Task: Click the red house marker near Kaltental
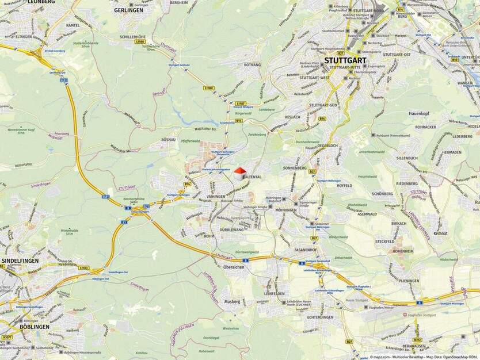point(240,174)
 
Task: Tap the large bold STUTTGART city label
point(345,59)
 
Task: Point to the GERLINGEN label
point(128,10)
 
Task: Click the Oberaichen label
point(234,267)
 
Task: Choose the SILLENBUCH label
point(406,158)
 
